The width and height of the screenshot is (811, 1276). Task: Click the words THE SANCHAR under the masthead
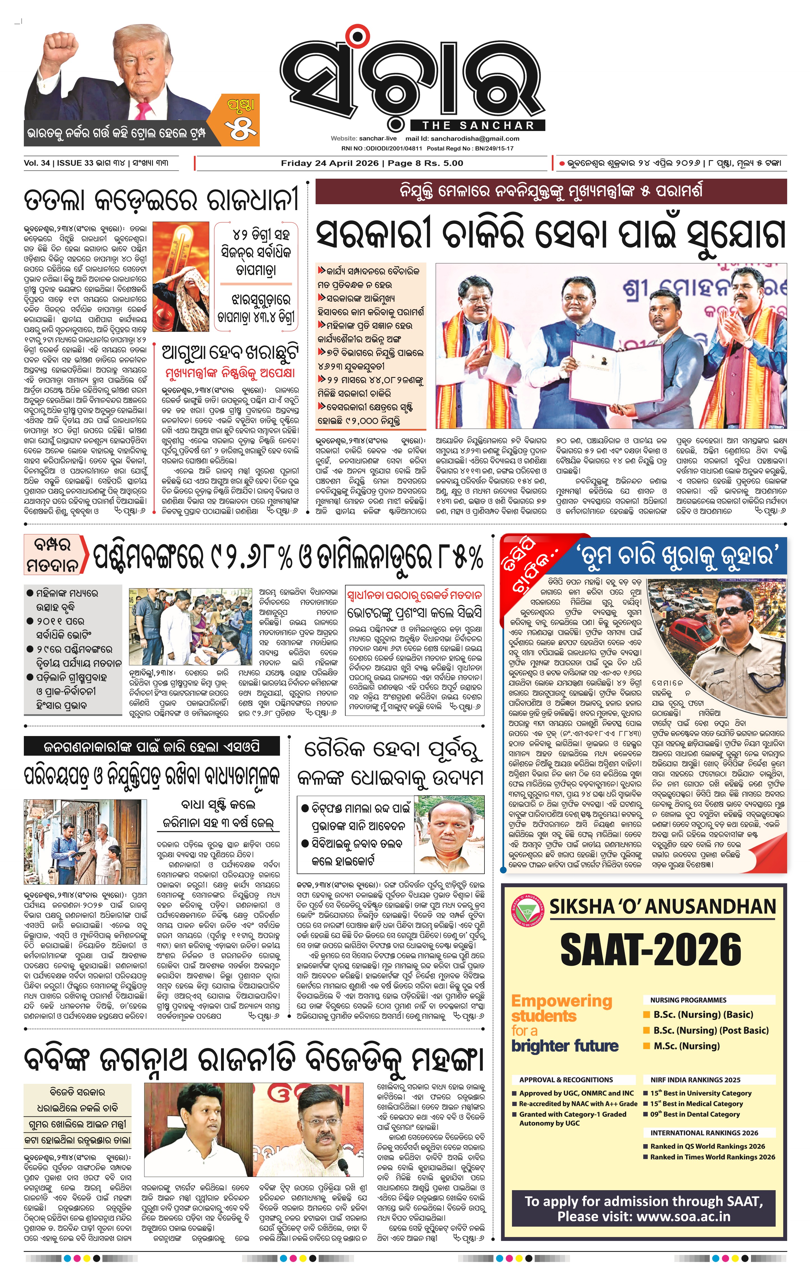click(x=478, y=126)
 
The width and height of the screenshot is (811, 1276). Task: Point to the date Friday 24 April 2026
click(x=330, y=163)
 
